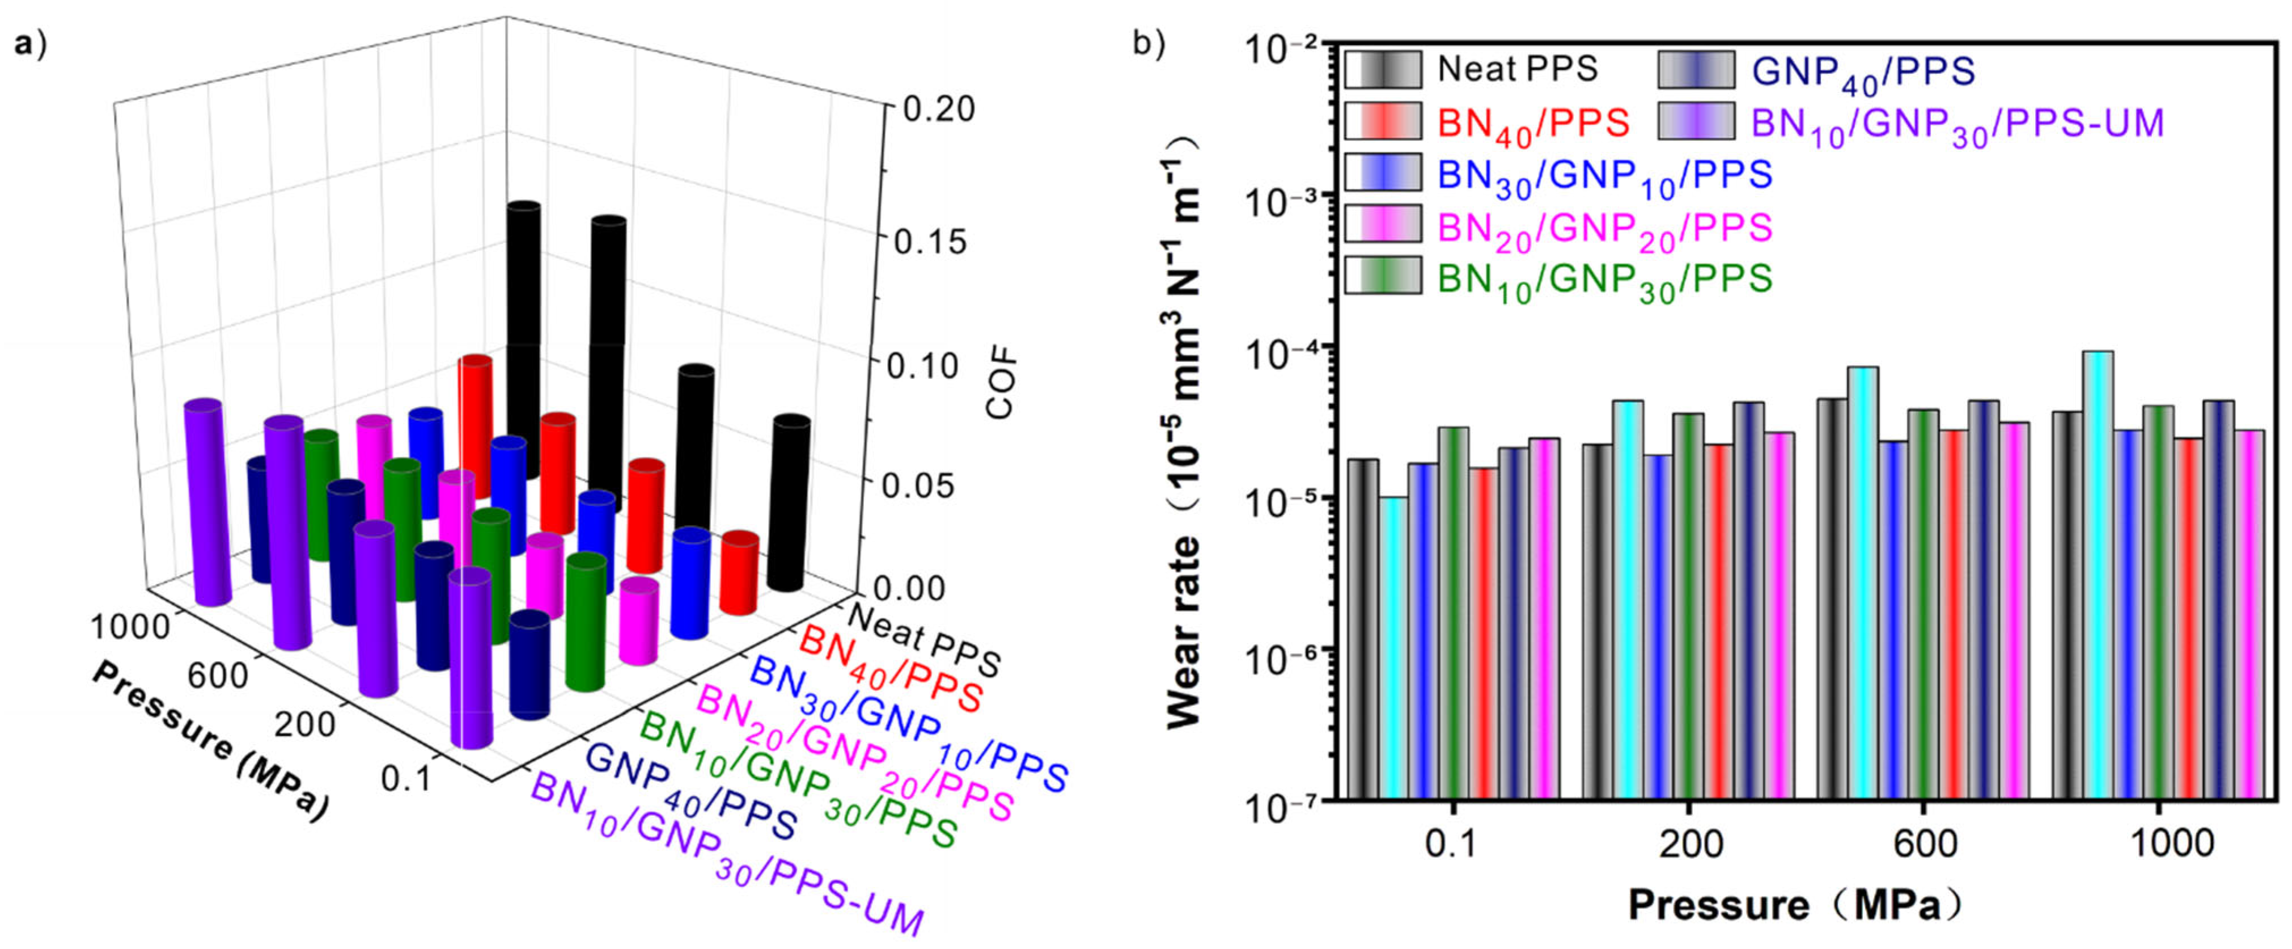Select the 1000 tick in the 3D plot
[x=130, y=627]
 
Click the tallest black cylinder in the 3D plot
[x=523, y=338]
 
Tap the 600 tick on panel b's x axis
[x=1925, y=842]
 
